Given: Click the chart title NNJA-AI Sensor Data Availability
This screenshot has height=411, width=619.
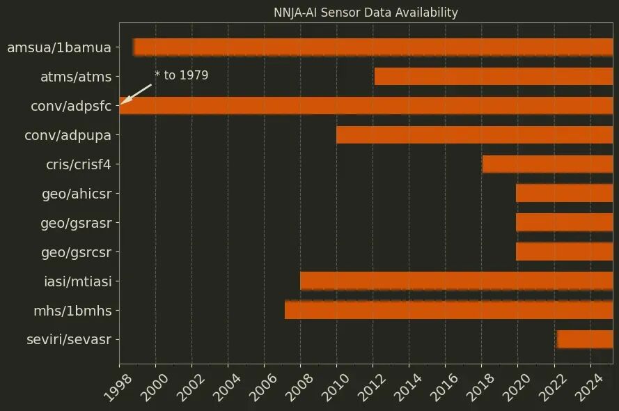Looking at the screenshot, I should coord(366,13).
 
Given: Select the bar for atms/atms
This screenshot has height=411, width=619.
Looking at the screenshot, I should coord(493,77).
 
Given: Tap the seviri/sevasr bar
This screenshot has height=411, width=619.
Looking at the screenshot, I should coord(585,339).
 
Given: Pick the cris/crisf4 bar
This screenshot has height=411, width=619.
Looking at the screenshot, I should coord(547,164).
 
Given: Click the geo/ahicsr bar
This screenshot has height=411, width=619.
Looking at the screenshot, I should coord(564,194).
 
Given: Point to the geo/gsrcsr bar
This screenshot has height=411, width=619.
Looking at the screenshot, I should coord(564,252).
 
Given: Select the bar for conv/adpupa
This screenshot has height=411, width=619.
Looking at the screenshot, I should coord(474,135).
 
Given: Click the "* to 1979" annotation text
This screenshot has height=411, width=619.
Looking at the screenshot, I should coord(181,75).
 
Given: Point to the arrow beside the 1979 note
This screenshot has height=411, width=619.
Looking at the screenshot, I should coord(136,95).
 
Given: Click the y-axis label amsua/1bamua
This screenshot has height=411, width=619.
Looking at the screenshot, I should coord(59,48).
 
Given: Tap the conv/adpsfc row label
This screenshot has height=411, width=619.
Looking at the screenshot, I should coord(71,107).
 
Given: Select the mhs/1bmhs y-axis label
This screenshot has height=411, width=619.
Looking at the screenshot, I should coord(72,311).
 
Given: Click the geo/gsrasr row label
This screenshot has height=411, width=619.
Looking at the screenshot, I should coord(77,223).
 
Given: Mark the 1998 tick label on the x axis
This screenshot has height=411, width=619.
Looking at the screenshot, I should coord(117,385).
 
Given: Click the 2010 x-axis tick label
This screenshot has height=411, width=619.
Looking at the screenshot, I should coord(334,385).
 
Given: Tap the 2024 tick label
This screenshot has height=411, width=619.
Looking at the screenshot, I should coord(588,385).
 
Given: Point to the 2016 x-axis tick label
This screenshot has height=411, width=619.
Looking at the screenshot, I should coord(443,385).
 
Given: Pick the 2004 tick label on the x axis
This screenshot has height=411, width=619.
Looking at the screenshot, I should coord(226,385).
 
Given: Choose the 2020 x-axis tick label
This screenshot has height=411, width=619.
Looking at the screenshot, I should coord(515,385).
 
